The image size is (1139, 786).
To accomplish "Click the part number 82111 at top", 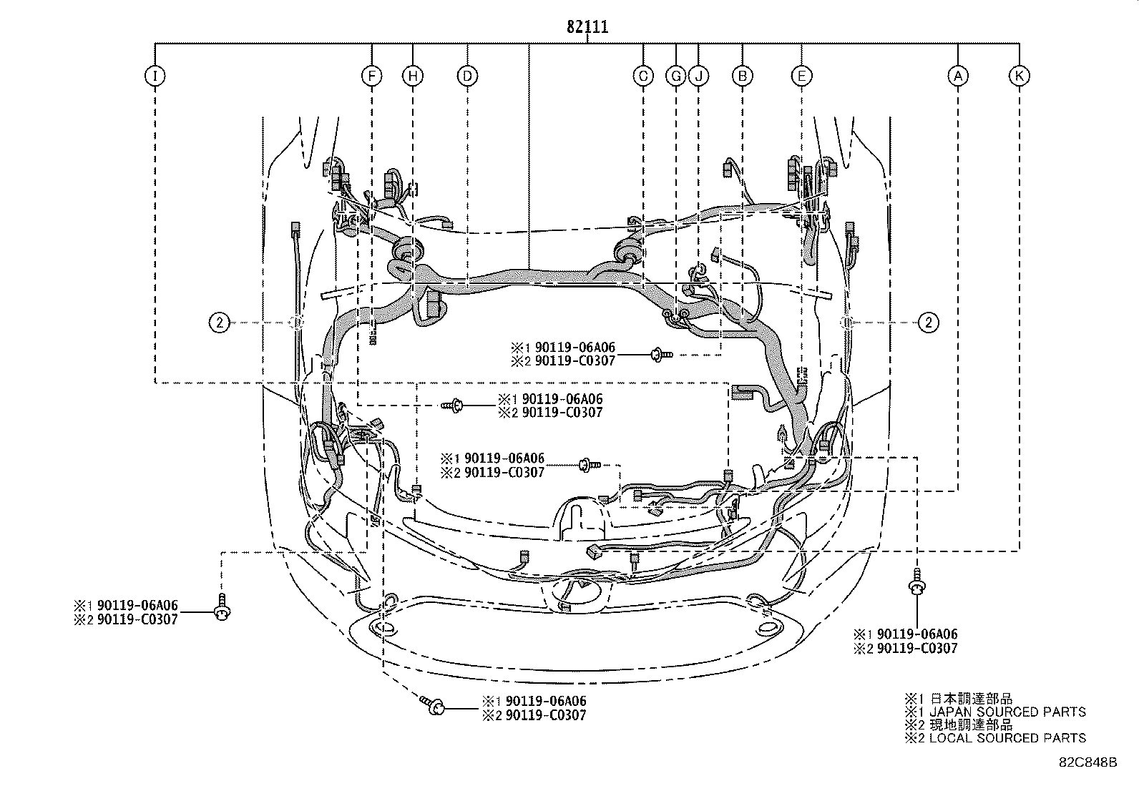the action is tap(587, 26).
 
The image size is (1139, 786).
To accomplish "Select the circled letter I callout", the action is tap(155, 77).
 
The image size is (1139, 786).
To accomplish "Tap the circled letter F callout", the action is tap(372, 77).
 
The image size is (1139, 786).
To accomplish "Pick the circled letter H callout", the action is tap(412, 77).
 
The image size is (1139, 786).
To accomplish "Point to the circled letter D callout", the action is tap(467, 77).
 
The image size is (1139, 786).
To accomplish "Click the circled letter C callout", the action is tap(643, 77).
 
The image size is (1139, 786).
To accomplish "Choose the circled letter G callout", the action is tap(676, 77).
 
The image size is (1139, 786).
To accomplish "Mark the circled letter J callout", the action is tap(698, 77).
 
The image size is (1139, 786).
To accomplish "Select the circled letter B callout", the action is tap(743, 77).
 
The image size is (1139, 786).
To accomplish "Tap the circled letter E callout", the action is tap(801, 77).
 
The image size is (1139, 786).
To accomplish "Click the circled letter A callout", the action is tap(958, 77).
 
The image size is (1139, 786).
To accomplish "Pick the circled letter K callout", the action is tap(1019, 77).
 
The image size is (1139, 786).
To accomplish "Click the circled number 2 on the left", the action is tap(219, 323).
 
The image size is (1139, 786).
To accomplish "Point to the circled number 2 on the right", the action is tap(929, 323).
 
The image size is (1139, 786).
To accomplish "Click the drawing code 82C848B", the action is tap(1088, 762).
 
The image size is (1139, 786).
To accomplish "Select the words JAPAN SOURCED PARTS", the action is tap(1008, 712).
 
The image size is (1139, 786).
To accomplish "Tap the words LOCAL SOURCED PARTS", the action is tap(1008, 737).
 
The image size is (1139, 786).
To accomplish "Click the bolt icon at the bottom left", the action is tap(223, 607).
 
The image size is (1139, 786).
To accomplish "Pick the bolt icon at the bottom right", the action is tap(916, 582).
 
